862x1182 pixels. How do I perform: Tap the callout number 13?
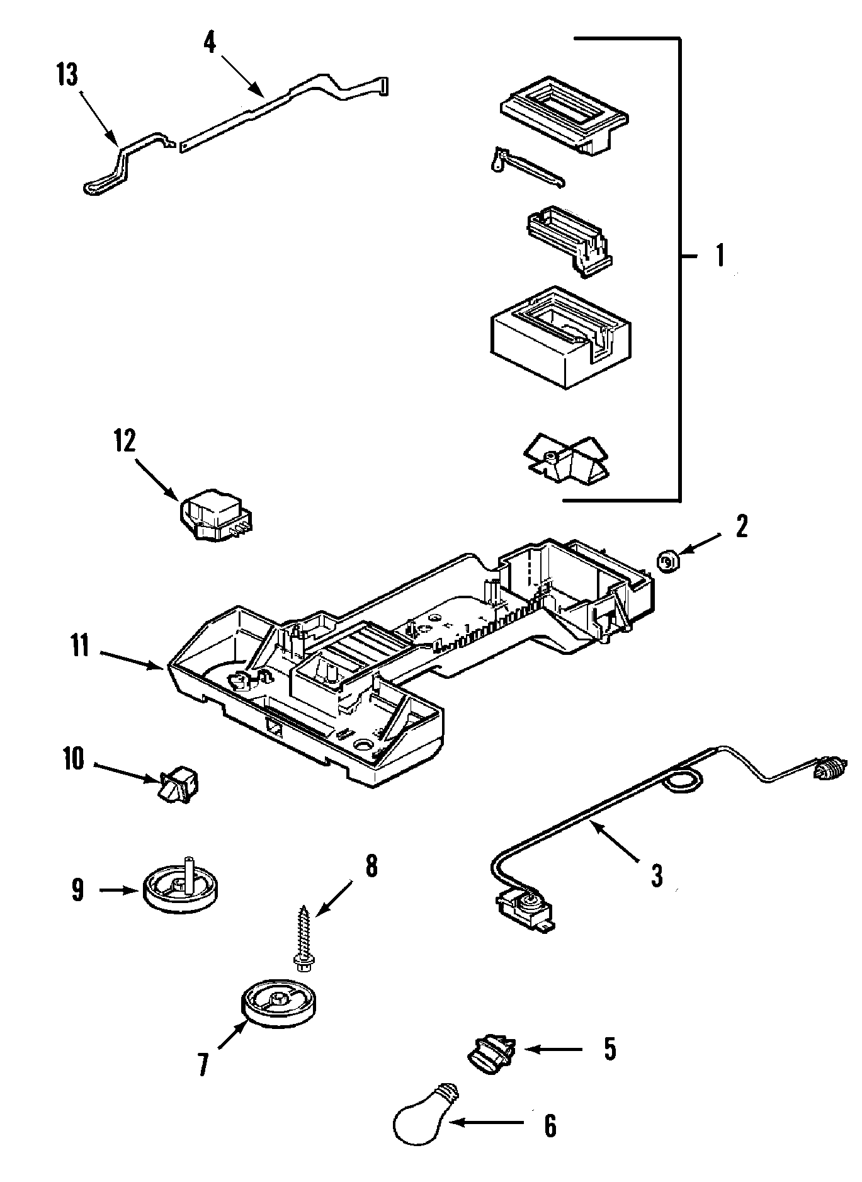pyautogui.click(x=67, y=74)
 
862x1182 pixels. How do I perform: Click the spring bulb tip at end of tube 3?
pyautogui.click(x=829, y=771)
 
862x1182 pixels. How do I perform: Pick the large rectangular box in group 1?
pyautogui.click(x=560, y=345)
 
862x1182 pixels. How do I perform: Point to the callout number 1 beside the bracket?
pyautogui.click(x=719, y=256)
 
